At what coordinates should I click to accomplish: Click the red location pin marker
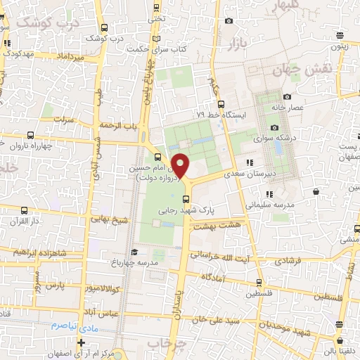click(x=181, y=166)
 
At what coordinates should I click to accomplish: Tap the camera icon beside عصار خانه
click(x=287, y=96)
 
